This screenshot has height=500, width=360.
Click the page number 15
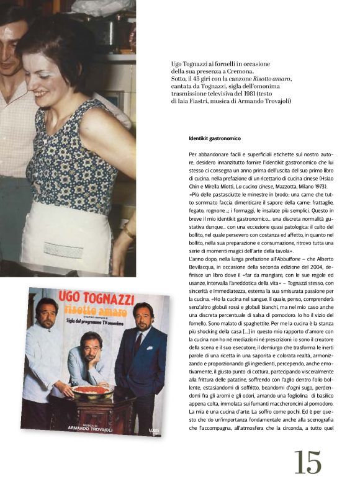point(308,462)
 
